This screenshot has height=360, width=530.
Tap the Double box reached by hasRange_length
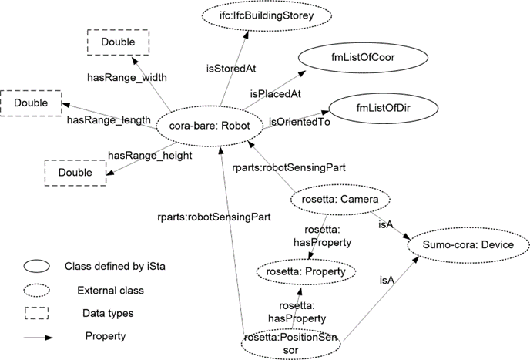point(30,102)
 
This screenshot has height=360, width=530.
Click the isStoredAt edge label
point(230,69)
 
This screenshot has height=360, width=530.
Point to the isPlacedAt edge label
point(273,93)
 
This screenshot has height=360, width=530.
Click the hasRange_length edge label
point(106,119)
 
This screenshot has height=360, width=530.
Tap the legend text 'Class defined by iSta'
point(112,267)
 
